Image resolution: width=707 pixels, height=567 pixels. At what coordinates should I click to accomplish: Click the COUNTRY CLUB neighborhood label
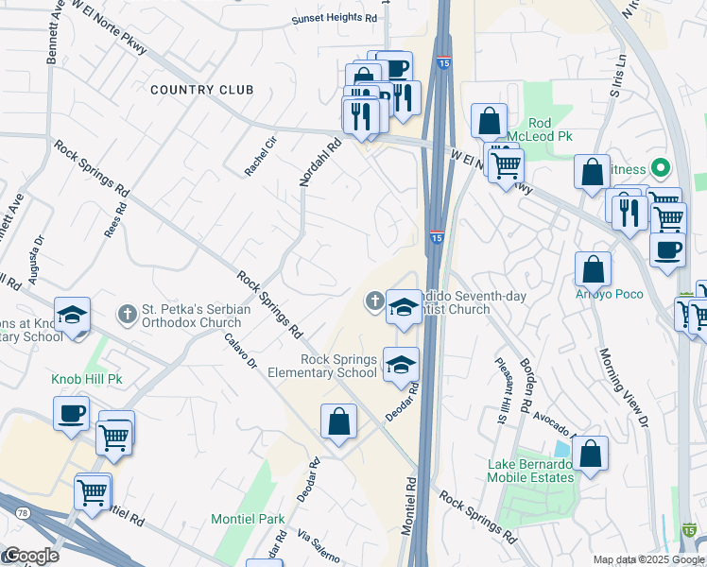[202, 90]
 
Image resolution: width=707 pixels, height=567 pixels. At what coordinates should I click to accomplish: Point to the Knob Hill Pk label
[89, 379]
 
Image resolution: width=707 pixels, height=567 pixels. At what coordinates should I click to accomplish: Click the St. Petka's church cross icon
[127, 313]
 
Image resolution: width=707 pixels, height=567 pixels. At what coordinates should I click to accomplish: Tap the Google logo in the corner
[30, 556]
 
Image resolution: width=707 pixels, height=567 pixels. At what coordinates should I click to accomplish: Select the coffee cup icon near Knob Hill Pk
[72, 413]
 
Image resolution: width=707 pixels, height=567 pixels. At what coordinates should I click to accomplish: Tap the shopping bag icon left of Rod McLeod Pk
[489, 121]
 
